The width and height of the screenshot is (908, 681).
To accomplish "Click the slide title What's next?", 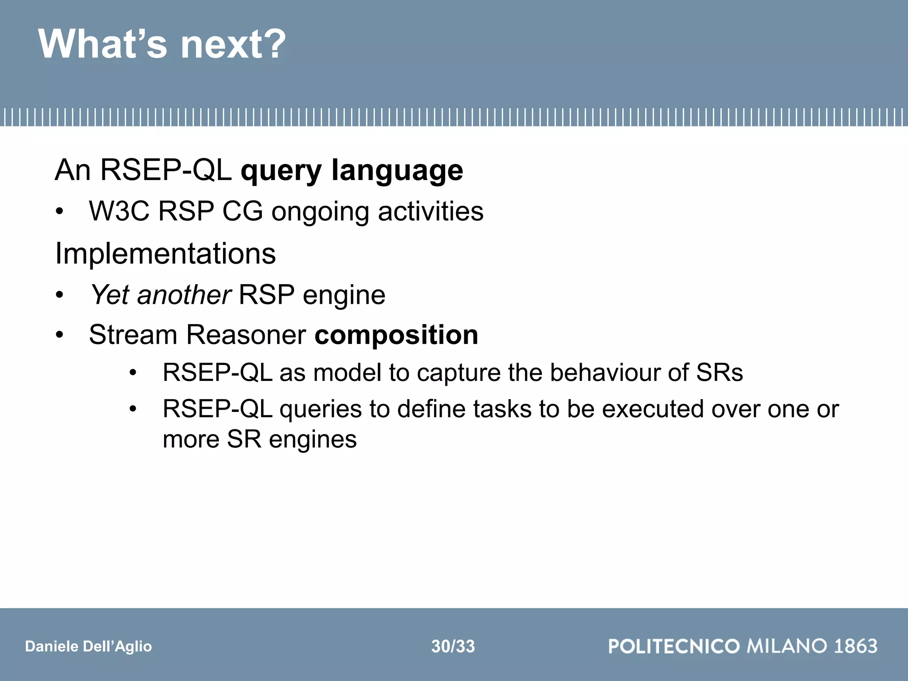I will coord(162,44).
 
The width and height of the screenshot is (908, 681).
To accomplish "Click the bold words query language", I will coord(352,171).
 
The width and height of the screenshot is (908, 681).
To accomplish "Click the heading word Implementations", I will coord(165,254).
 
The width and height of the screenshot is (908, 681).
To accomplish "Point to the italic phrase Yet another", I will coord(160,295).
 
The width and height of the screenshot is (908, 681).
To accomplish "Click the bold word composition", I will coord(396,335).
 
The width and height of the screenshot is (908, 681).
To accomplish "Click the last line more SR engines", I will coord(259,440).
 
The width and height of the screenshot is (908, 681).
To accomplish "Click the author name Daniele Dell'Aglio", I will coord(88,646).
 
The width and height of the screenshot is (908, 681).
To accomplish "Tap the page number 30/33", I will coord(453,646).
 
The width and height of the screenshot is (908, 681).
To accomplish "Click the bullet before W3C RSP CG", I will coord(60,212).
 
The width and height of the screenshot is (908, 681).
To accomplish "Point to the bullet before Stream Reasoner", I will coord(60,335).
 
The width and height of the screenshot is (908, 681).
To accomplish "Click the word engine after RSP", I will coord(344,295).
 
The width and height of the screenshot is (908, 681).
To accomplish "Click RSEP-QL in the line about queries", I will coord(217,409).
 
